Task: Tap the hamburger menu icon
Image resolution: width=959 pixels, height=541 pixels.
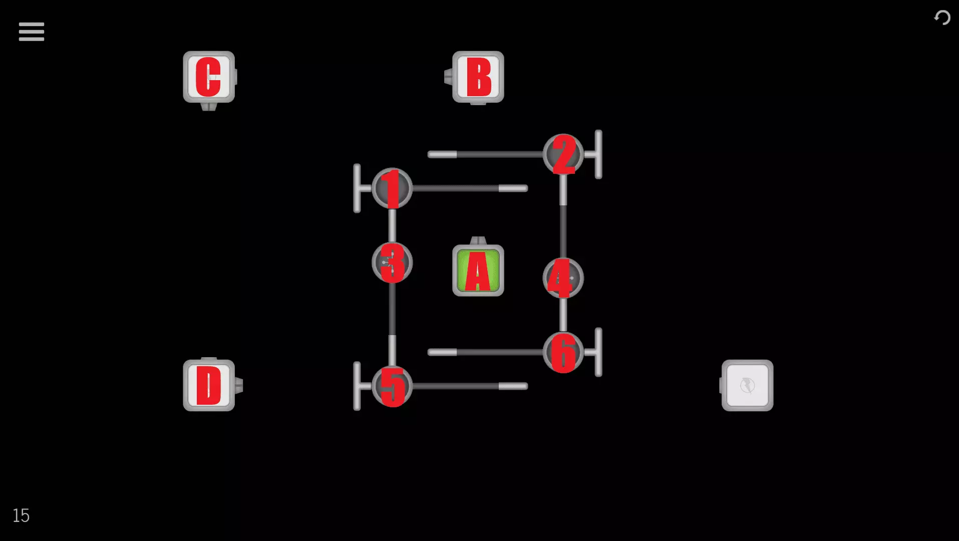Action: click(x=31, y=32)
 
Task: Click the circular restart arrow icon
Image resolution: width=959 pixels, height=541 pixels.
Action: click(x=942, y=18)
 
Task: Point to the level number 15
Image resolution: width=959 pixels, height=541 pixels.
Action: click(x=21, y=515)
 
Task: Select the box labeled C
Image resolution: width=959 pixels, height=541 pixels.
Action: click(x=208, y=77)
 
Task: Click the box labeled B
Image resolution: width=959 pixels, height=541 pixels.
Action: click(x=478, y=77)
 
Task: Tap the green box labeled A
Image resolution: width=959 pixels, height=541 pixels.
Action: click(x=478, y=270)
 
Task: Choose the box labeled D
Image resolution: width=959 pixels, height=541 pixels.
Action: click(x=208, y=385)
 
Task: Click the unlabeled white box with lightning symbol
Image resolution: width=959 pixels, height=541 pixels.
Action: click(x=747, y=385)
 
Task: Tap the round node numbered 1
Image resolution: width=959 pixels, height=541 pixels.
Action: click(x=392, y=188)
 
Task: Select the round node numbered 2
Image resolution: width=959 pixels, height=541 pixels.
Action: click(x=563, y=154)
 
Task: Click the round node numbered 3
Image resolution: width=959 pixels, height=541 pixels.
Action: click(x=392, y=262)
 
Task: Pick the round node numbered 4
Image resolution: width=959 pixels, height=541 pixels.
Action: click(x=563, y=278)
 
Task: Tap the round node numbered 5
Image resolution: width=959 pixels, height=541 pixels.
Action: click(x=392, y=386)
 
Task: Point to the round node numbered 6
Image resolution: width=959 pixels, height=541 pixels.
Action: click(x=563, y=352)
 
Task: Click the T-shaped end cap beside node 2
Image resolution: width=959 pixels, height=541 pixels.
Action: click(x=598, y=154)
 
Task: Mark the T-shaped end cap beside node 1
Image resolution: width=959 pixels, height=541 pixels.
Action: click(x=357, y=188)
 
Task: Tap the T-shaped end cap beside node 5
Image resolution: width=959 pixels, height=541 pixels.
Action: click(x=357, y=386)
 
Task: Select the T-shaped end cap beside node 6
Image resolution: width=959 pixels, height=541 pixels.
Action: click(x=598, y=352)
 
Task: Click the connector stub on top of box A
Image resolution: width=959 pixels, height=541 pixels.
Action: click(x=478, y=241)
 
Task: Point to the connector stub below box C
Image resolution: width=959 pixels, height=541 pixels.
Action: click(x=208, y=106)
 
